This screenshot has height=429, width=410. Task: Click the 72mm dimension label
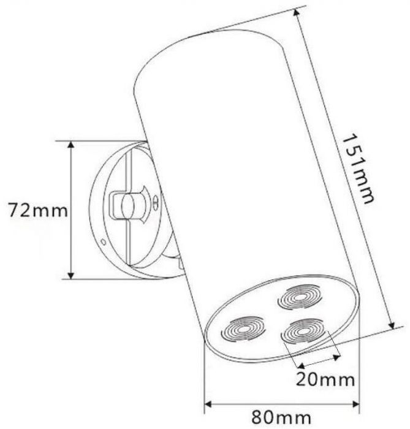point(38,210)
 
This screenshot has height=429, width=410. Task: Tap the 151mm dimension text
point(357,169)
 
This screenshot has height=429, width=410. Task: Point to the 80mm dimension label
point(281,417)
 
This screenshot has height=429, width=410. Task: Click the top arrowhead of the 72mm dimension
point(71,145)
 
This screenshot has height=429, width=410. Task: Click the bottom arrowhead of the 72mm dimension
point(71,275)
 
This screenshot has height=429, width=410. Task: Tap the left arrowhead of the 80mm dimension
point(208,404)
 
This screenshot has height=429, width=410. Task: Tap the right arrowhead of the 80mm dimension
point(355,404)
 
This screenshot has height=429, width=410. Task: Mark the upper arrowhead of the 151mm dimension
point(296,13)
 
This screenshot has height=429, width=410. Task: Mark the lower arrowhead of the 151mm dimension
point(392,325)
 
